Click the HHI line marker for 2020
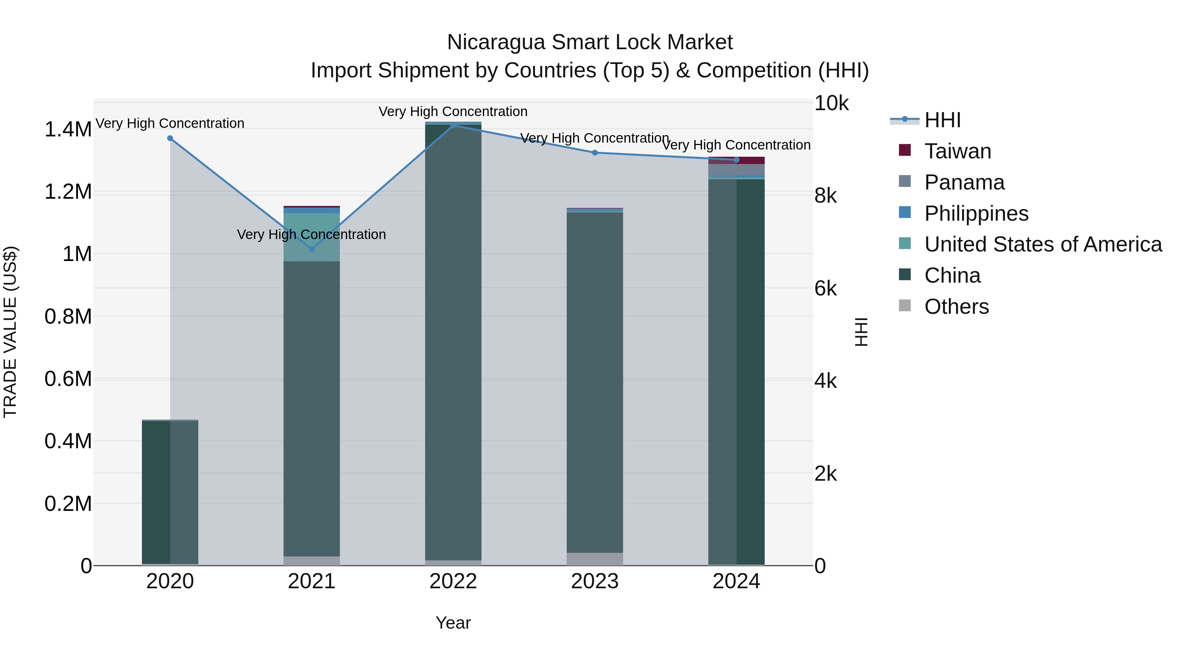tap(170, 138)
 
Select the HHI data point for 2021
tap(311, 249)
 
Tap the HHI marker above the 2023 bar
tap(595, 152)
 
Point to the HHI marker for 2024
tap(736, 159)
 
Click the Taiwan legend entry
tap(957, 151)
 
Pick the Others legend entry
tap(956, 307)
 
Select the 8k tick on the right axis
tap(825, 196)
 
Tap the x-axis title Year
tap(453, 623)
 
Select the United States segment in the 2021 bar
tap(311, 237)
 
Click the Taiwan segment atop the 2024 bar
tap(736, 160)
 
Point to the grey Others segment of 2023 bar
tap(595, 559)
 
